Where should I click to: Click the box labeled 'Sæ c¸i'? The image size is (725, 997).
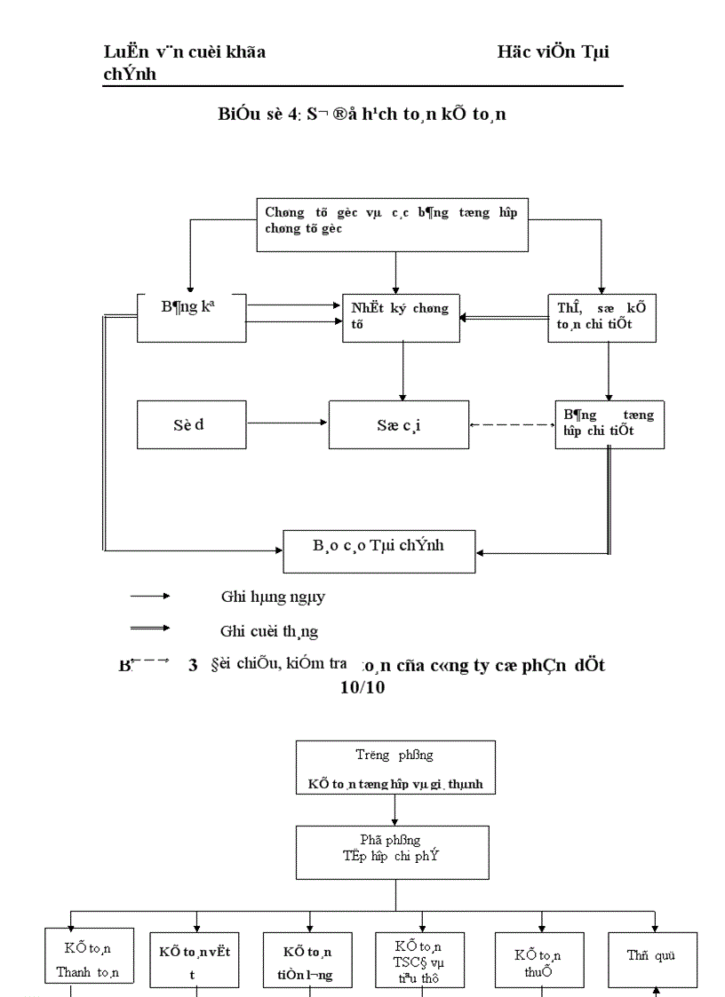click(397, 424)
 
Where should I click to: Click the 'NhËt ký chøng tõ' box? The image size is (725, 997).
click(401, 318)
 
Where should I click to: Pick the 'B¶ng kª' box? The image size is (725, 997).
click(191, 317)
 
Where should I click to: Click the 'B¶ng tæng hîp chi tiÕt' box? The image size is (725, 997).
click(609, 424)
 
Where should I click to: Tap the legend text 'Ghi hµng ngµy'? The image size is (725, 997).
click(273, 597)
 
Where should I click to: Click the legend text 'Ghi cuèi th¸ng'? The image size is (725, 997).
click(268, 631)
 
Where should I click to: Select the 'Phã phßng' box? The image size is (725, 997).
click(394, 851)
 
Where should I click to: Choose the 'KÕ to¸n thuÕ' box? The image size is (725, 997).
click(539, 961)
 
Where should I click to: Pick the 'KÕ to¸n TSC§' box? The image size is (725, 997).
click(422, 960)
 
